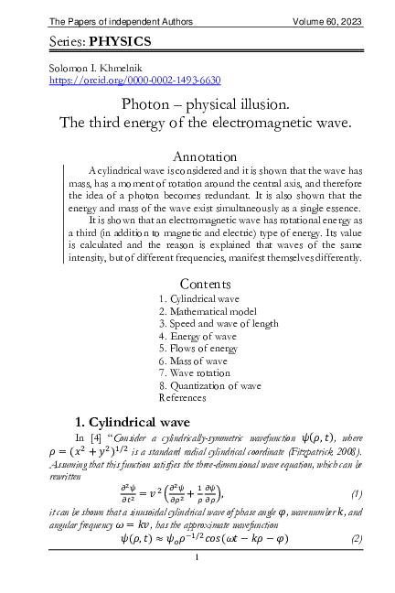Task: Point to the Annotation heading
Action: click(x=205, y=156)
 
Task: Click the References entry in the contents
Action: click(x=183, y=398)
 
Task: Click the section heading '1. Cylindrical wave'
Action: click(x=132, y=422)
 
